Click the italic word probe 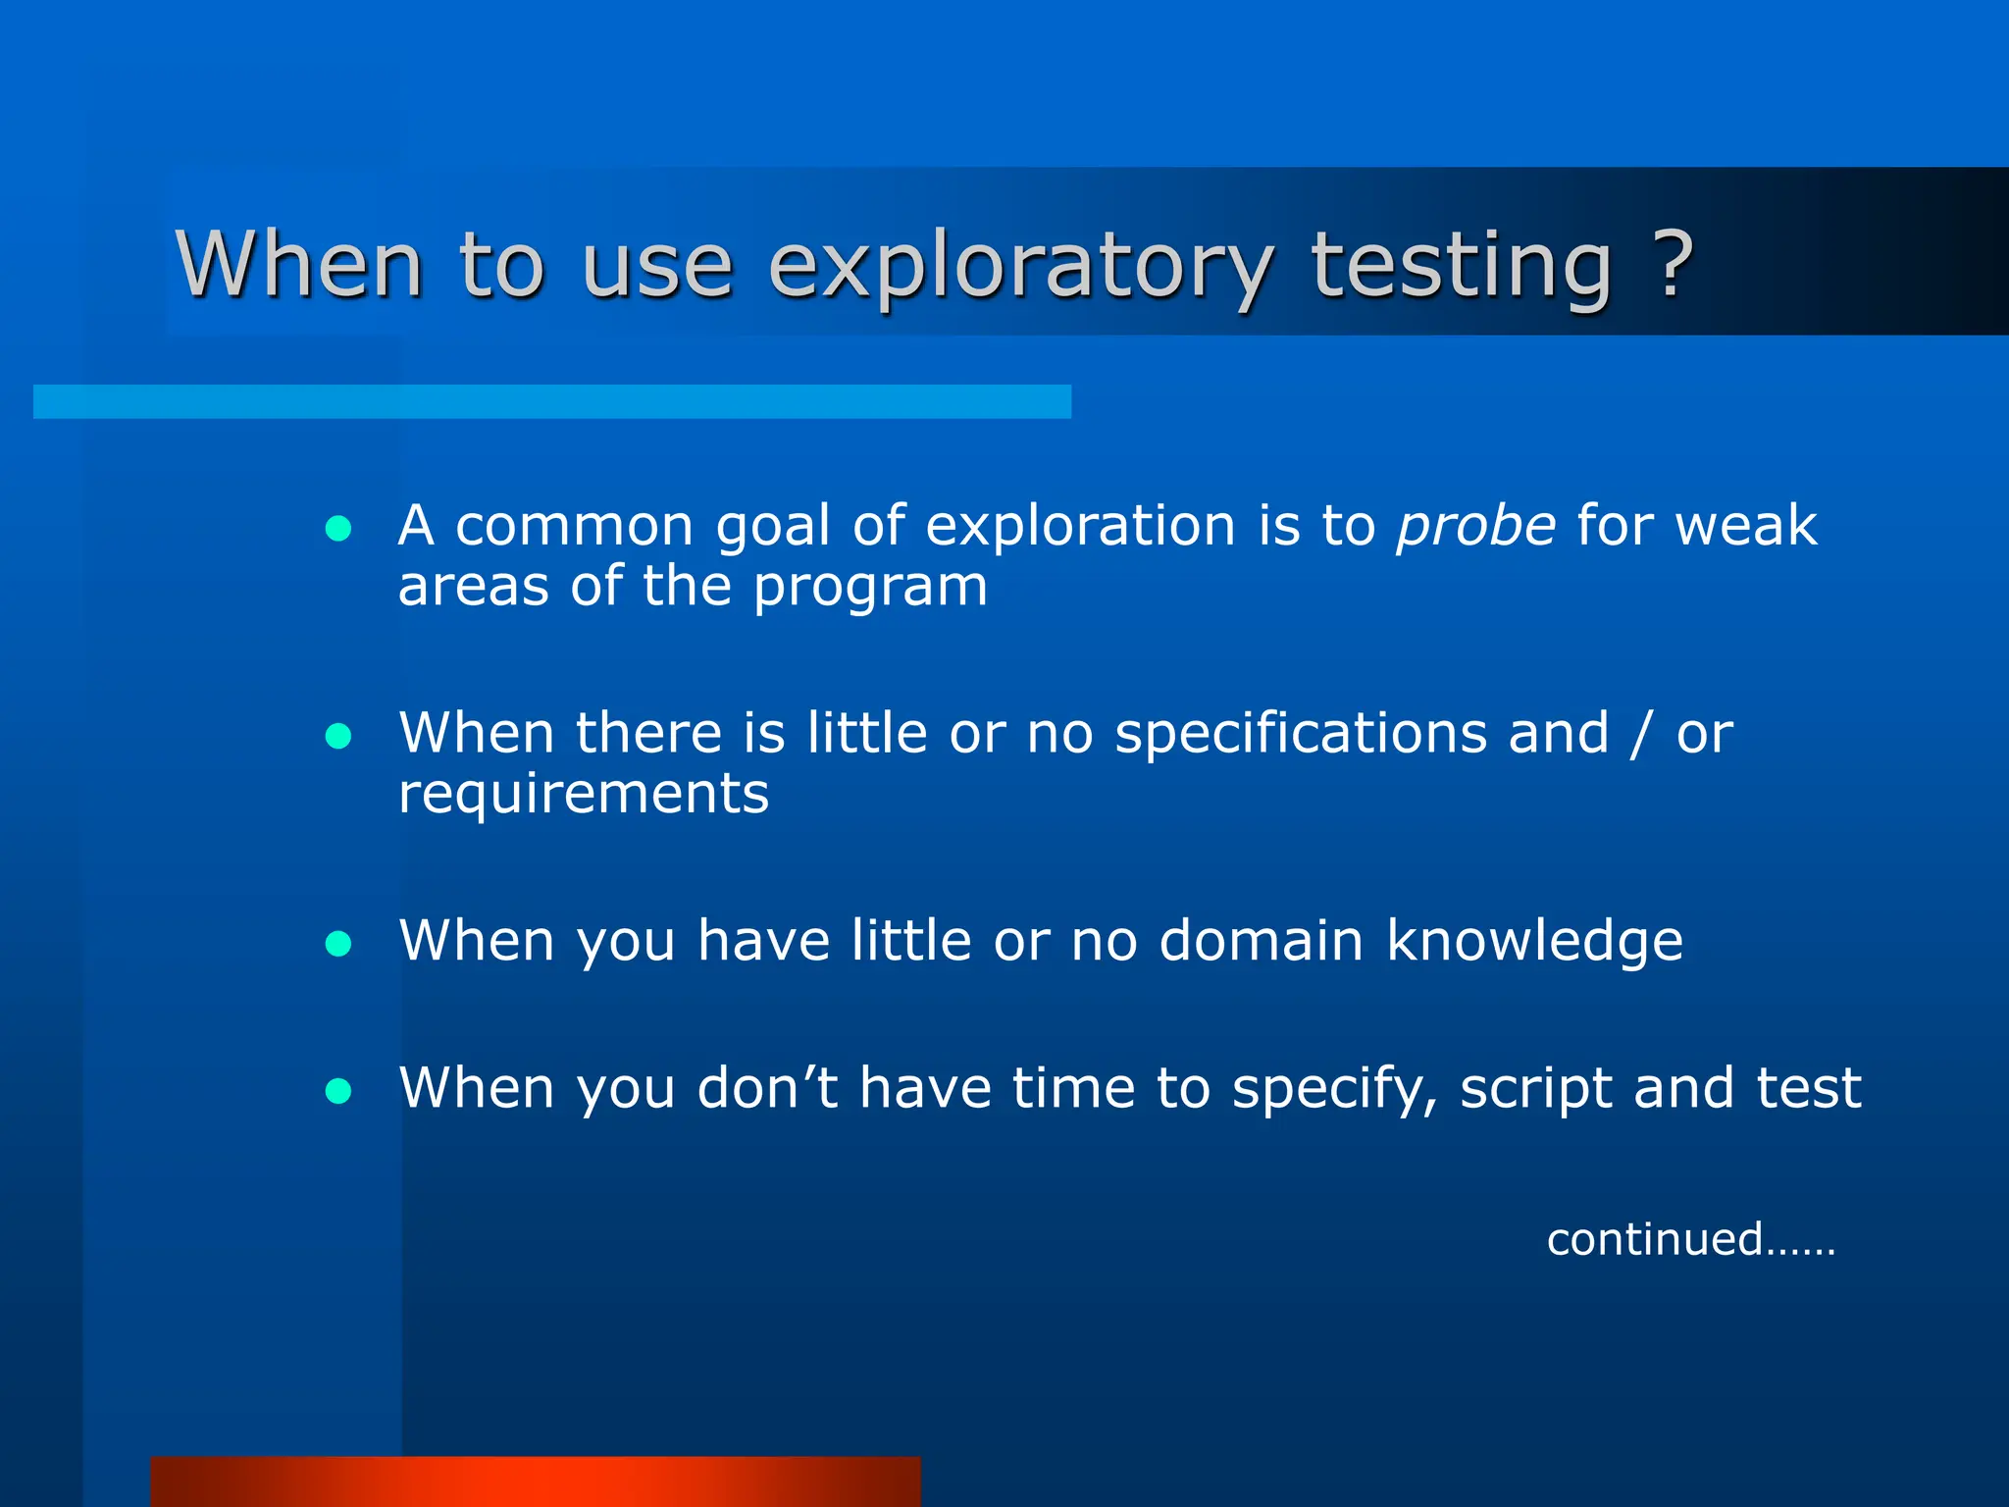pyautogui.click(x=1475, y=528)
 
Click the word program pyautogui.click(x=870, y=589)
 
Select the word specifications pyautogui.click(x=1301, y=734)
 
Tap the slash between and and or pyautogui.click(x=1639, y=736)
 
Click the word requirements pyautogui.click(x=584, y=795)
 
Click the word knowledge pyautogui.click(x=1534, y=942)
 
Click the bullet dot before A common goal pyautogui.click(x=338, y=529)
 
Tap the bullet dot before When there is pyautogui.click(x=338, y=737)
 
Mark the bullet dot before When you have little pyautogui.click(x=338, y=944)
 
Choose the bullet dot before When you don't pyautogui.click(x=338, y=1091)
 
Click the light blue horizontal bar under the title pyautogui.click(x=552, y=401)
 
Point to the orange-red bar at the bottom pyautogui.click(x=536, y=1481)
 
